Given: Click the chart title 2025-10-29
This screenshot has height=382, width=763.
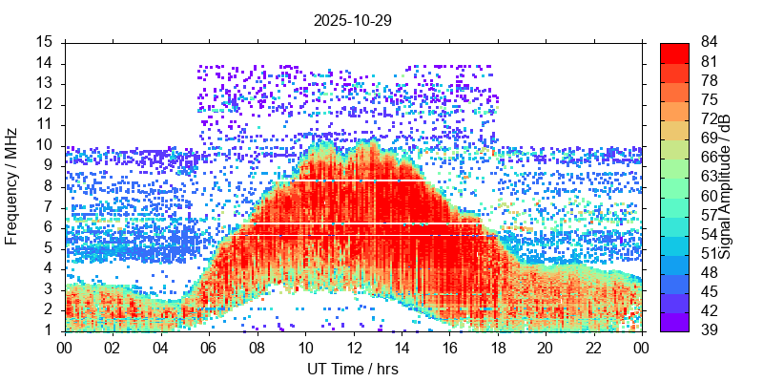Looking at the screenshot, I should (x=352, y=19).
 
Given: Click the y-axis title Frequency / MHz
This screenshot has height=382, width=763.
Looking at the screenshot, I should (x=12, y=186).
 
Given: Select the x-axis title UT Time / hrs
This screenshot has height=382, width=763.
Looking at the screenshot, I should (x=352, y=369).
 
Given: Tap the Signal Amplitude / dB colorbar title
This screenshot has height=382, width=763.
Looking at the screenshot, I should (x=725, y=186).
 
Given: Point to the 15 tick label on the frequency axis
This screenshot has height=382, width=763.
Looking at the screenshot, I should (x=45, y=42).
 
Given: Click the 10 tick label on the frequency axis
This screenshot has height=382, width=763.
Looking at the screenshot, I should (x=45, y=145).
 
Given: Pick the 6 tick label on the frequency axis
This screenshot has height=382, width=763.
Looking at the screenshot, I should (x=49, y=227).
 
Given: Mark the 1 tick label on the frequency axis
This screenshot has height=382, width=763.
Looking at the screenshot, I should (x=49, y=330).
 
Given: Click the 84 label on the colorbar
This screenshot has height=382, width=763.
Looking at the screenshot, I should (x=709, y=42).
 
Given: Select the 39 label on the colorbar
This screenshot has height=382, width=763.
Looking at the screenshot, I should (x=709, y=330).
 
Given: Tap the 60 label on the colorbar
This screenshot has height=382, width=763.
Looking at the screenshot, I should (x=709, y=196).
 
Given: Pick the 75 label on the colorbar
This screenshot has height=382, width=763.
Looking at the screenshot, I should (x=709, y=99).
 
